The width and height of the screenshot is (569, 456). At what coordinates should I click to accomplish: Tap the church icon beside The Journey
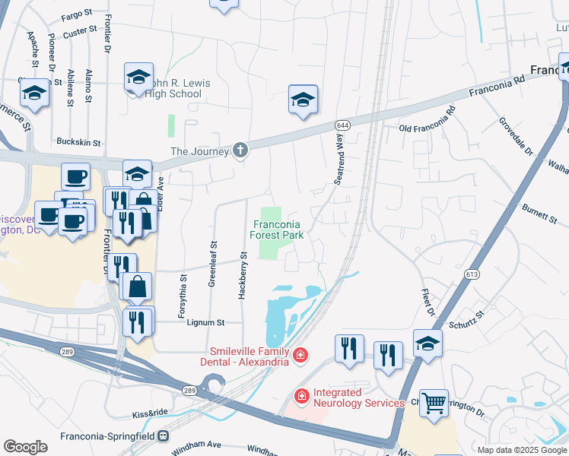(240, 149)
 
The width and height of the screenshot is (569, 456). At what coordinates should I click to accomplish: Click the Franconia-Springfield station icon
(162, 436)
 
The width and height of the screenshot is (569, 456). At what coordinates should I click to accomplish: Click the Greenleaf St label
(212, 264)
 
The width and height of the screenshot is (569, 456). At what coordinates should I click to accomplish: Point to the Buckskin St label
(80, 141)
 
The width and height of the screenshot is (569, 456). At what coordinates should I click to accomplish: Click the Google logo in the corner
(25, 447)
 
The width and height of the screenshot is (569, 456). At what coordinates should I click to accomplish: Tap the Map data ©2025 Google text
(522, 450)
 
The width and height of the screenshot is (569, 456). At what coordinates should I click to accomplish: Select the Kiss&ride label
(148, 414)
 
